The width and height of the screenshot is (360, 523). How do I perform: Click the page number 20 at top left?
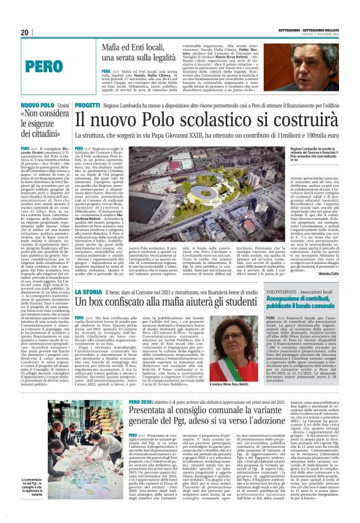pos(25,32)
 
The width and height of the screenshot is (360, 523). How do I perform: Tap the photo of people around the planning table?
pos(55,448)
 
